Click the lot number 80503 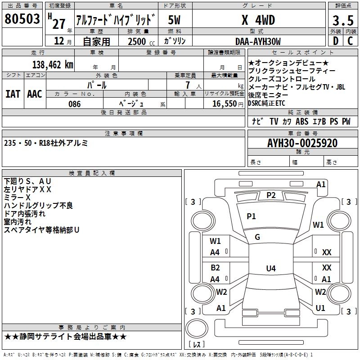[x=22, y=19]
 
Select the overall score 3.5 [x=342, y=20]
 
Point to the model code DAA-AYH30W [x=258, y=41]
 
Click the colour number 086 [x=74, y=104]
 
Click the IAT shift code [x=13, y=94]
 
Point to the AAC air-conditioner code [x=35, y=94]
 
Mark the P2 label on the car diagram [x=271, y=195]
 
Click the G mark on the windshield [x=257, y=237]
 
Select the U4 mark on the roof [x=270, y=269]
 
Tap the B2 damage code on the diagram [x=215, y=267]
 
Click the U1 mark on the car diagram [x=320, y=308]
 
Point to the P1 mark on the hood [x=251, y=216]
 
